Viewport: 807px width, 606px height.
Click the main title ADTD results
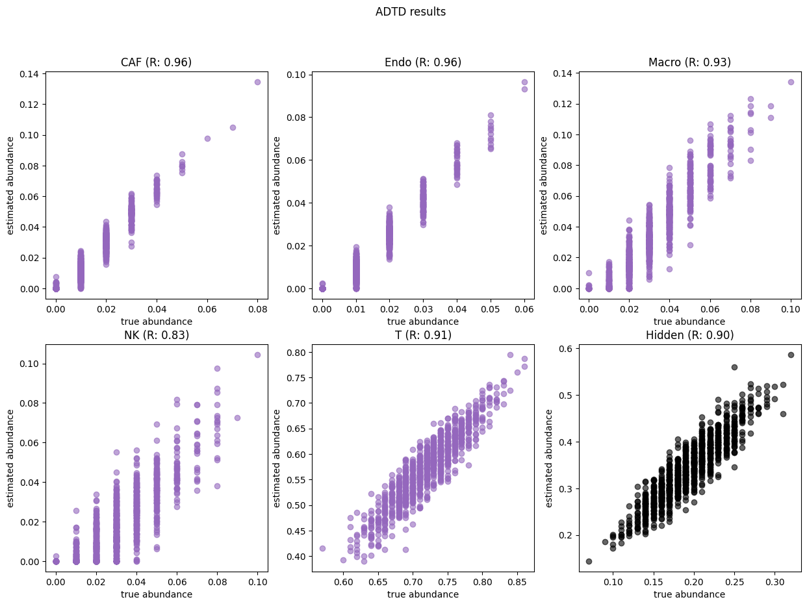410,12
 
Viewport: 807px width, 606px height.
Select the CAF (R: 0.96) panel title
156,62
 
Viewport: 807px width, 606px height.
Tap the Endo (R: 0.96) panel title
423,62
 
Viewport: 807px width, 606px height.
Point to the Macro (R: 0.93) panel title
689,62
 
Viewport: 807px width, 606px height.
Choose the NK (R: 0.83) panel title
156,335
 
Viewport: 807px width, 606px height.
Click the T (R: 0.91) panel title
423,335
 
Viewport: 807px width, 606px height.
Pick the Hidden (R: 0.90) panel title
689,335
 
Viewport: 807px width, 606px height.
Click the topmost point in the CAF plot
257,82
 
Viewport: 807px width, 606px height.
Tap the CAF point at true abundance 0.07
233,127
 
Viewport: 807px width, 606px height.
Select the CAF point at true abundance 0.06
207,138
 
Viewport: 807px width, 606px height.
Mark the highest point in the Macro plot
791,82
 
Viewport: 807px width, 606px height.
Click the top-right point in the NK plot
257,355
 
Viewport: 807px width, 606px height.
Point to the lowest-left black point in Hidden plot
589,561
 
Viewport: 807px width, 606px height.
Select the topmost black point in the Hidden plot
791,355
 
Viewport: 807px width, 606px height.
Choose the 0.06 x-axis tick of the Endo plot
524,310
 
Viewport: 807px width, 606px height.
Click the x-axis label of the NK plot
156,594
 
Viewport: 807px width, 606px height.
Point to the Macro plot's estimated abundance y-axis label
545,185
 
